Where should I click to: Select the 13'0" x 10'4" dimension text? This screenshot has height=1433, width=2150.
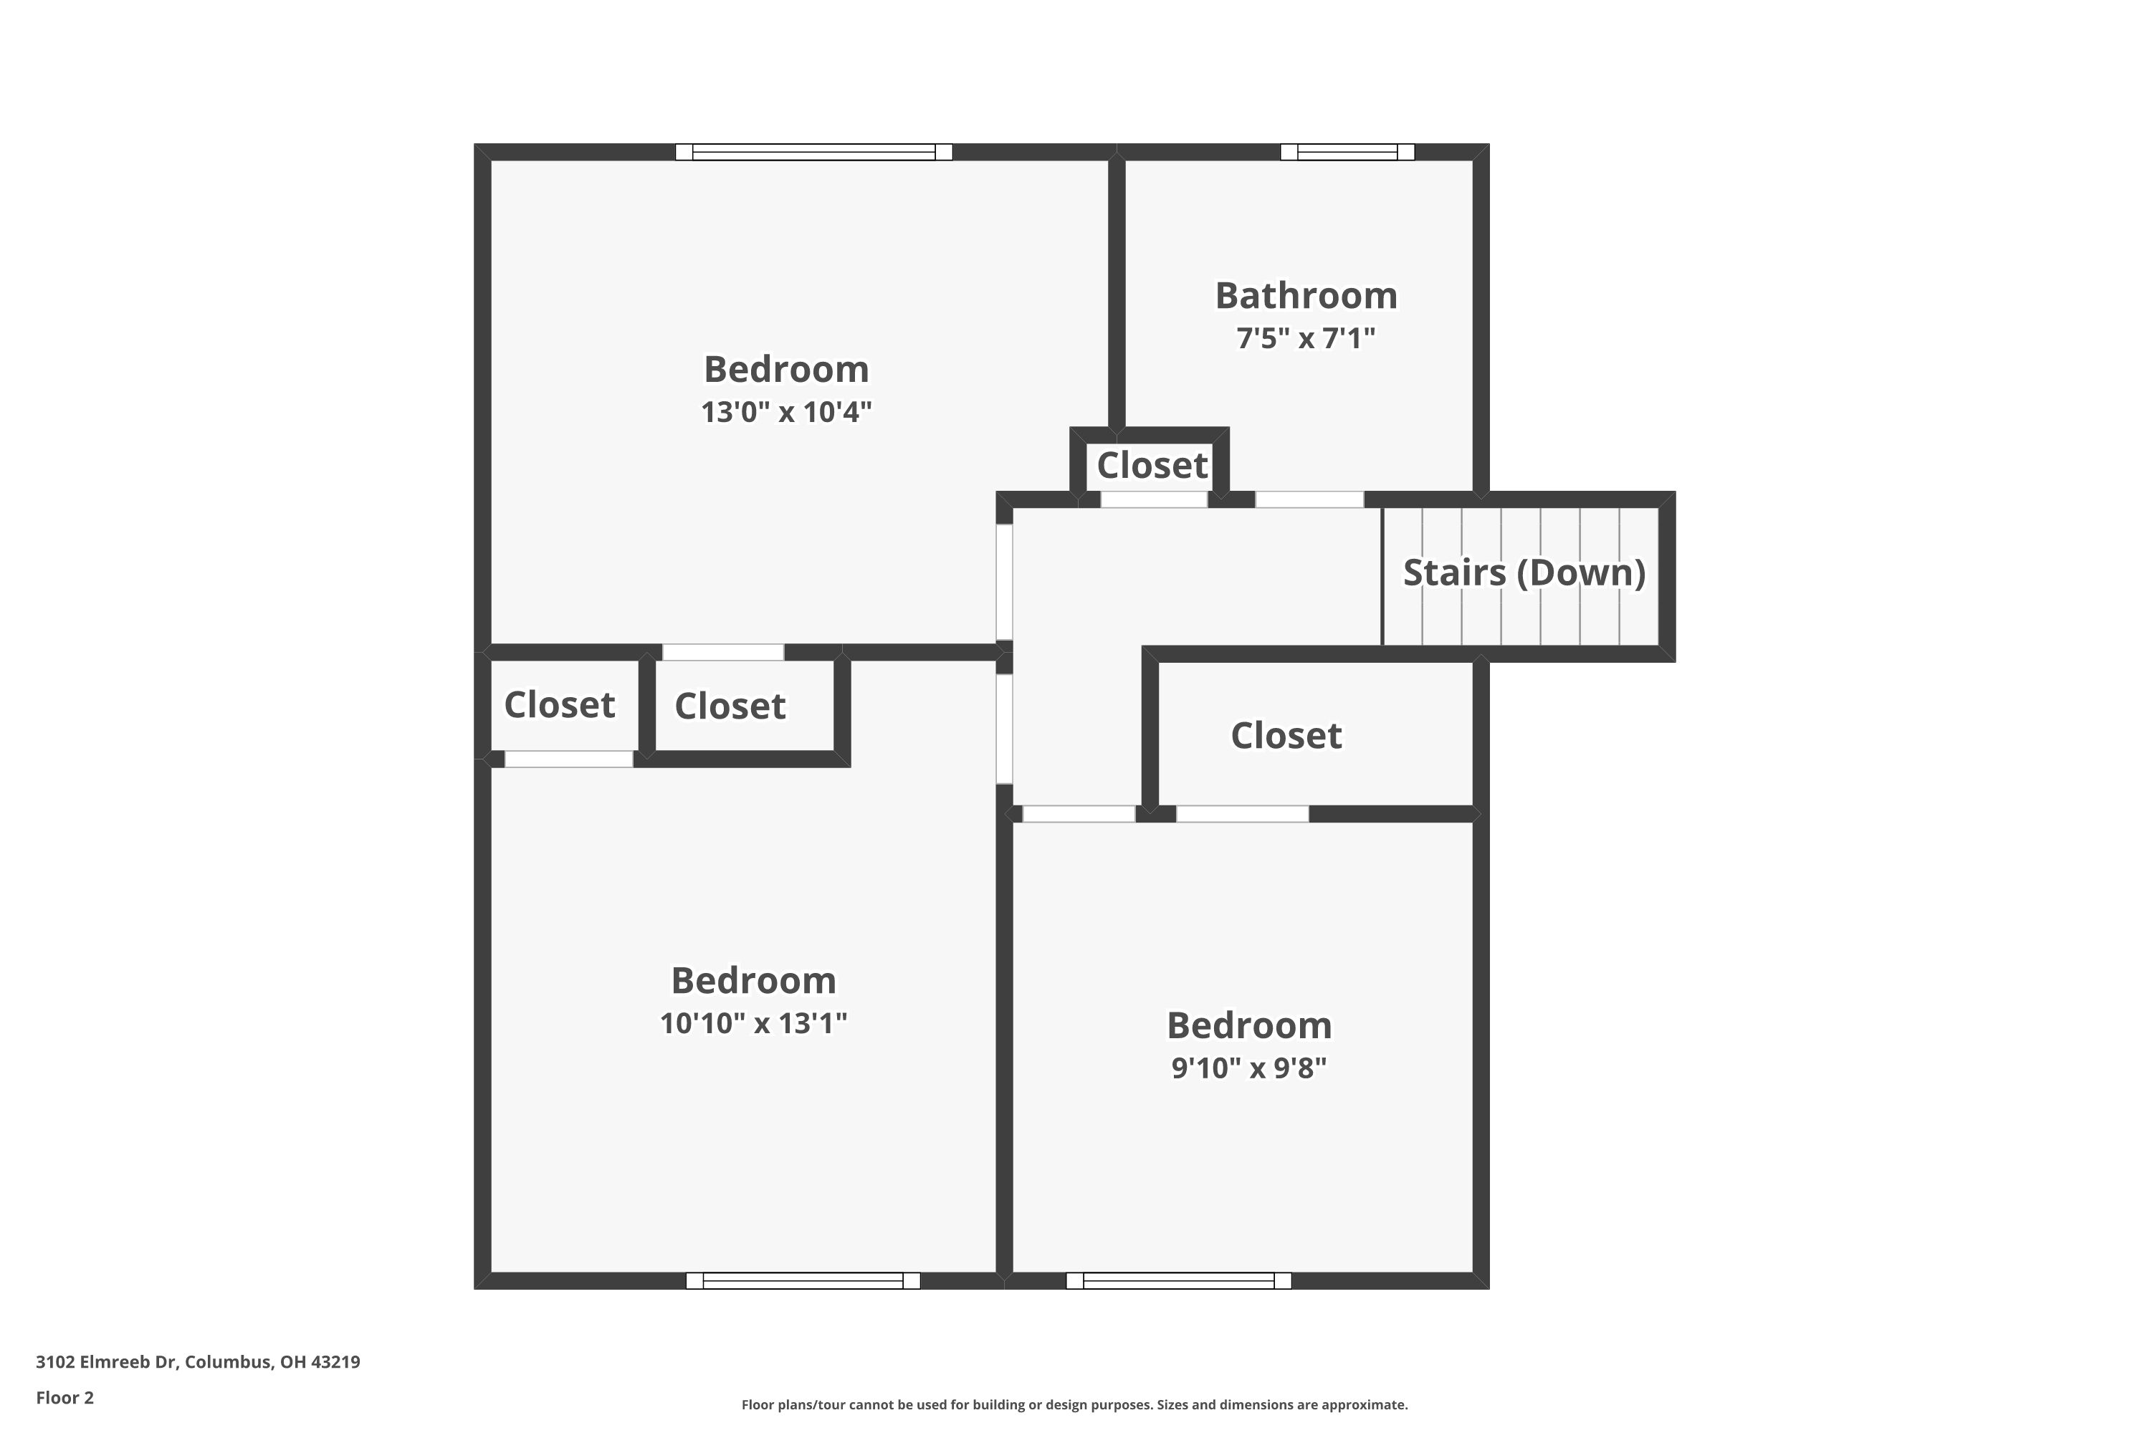pos(786,412)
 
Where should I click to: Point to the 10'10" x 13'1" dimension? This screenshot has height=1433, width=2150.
pos(753,1022)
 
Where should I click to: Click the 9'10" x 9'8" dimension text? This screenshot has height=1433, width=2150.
pos(1248,1068)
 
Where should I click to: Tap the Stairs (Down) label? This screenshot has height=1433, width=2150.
pos(1524,573)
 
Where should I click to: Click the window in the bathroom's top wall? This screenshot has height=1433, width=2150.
pos(1347,152)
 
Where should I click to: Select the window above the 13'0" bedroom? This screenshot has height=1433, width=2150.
pos(813,152)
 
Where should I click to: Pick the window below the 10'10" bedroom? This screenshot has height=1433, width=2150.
pos(803,1280)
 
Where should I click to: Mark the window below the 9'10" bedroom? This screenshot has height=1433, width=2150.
pos(1178,1280)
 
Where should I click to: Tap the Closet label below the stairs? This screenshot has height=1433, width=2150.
pos(1286,736)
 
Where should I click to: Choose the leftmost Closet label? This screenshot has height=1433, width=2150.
pos(560,704)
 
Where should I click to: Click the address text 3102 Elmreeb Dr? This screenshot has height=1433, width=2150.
pos(198,1362)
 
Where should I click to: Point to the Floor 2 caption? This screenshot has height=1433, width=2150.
pos(65,1397)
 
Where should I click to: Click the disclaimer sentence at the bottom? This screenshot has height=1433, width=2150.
pos(1074,1404)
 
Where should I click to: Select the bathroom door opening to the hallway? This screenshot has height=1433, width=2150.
pos(1309,499)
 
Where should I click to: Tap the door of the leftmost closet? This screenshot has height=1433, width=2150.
pos(568,759)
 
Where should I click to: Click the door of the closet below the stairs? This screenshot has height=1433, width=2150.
pos(1241,813)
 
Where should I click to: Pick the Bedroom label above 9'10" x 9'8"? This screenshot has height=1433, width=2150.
pos(1248,1025)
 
